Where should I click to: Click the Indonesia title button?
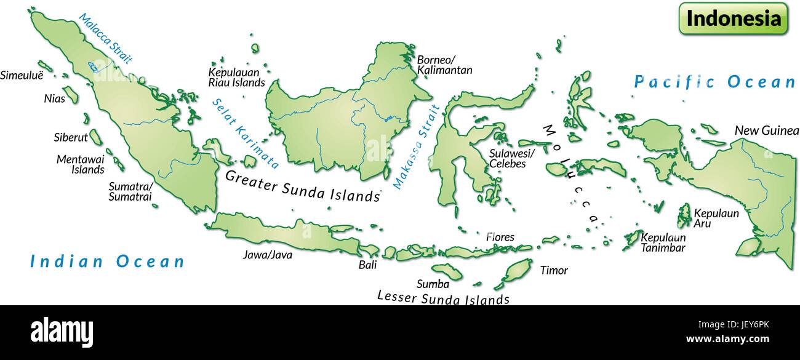pyautogui.click(x=733, y=18)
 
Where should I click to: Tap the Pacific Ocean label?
pyautogui.click(x=714, y=82)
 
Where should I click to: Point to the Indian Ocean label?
pyautogui.click(x=108, y=262)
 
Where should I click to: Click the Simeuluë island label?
pyautogui.click(x=22, y=76)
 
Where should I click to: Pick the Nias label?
pyautogui.click(x=54, y=98)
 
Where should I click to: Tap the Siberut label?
pyautogui.click(x=71, y=138)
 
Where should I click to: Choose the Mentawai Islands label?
pyautogui.click(x=81, y=164)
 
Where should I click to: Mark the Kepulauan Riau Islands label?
pyautogui.click(x=236, y=77)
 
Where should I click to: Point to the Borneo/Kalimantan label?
pyautogui.click(x=444, y=65)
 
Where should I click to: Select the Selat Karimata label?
pyautogui.click(x=246, y=134)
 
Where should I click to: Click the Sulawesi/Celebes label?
pyautogui.click(x=512, y=159)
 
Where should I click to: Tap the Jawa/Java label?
pyautogui.click(x=268, y=255)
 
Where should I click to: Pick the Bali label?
pyautogui.click(x=367, y=265)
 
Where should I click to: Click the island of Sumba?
pyautogui.click(x=446, y=271)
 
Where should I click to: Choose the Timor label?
pyautogui.click(x=554, y=270)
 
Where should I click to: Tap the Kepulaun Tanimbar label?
pyautogui.click(x=663, y=242)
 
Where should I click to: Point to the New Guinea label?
pyautogui.click(x=766, y=130)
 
